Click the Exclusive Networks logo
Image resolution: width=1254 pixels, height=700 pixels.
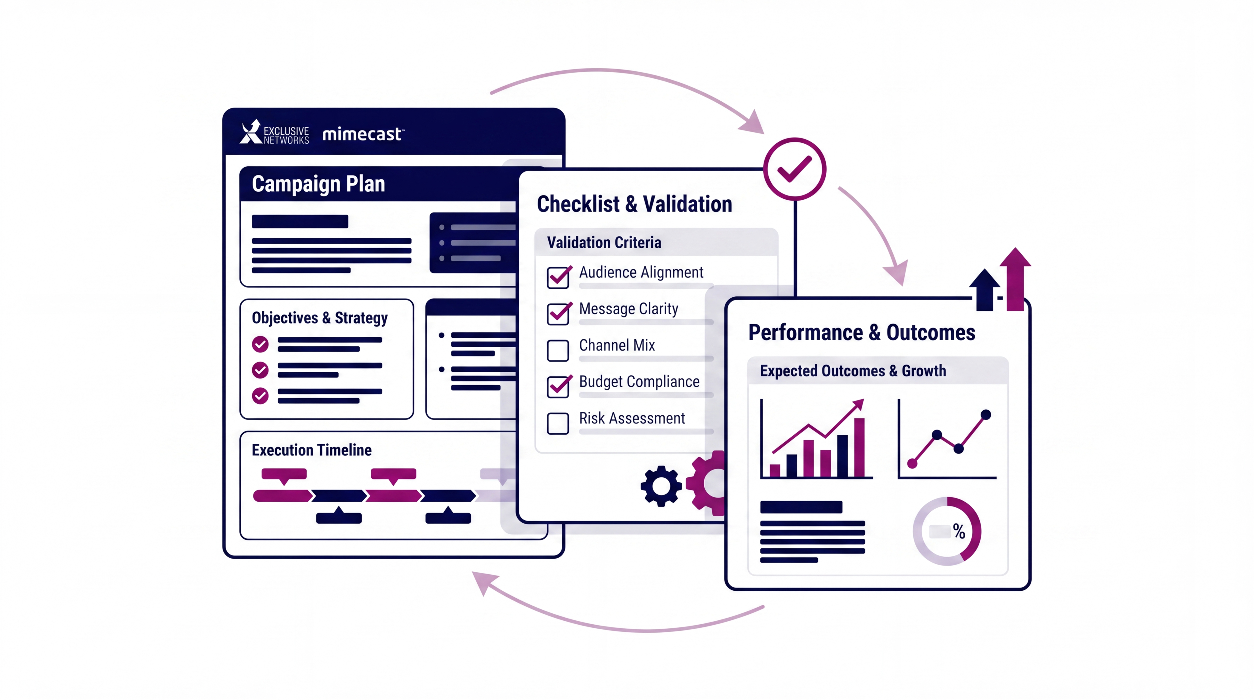click(274, 132)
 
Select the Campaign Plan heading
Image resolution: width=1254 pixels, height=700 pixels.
click(318, 184)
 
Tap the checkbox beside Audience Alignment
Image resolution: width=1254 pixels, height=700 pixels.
click(558, 277)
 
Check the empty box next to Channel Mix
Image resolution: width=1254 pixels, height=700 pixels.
click(558, 351)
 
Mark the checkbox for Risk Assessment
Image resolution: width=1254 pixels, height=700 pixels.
click(558, 423)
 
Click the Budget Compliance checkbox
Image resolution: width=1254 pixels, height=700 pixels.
click(558, 387)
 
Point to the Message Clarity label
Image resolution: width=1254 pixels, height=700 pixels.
click(629, 309)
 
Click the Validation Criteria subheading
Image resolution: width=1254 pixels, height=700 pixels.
click(604, 243)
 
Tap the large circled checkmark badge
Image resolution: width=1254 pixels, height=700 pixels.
click(794, 169)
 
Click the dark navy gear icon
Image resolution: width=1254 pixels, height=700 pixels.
click(661, 486)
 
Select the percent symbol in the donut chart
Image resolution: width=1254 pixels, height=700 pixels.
click(959, 531)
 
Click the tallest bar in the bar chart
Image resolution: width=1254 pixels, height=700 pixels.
click(859, 447)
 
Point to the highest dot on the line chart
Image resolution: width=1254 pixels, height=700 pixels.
click(986, 415)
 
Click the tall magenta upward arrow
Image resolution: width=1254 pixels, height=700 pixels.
click(1016, 279)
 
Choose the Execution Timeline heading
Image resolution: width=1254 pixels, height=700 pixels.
click(312, 450)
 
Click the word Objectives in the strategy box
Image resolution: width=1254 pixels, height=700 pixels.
click(285, 318)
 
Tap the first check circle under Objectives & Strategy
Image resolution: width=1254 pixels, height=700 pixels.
click(261, 344)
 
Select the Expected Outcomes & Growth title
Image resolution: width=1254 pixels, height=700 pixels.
click(853, 371)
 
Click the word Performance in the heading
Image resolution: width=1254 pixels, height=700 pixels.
click(805, 333)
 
